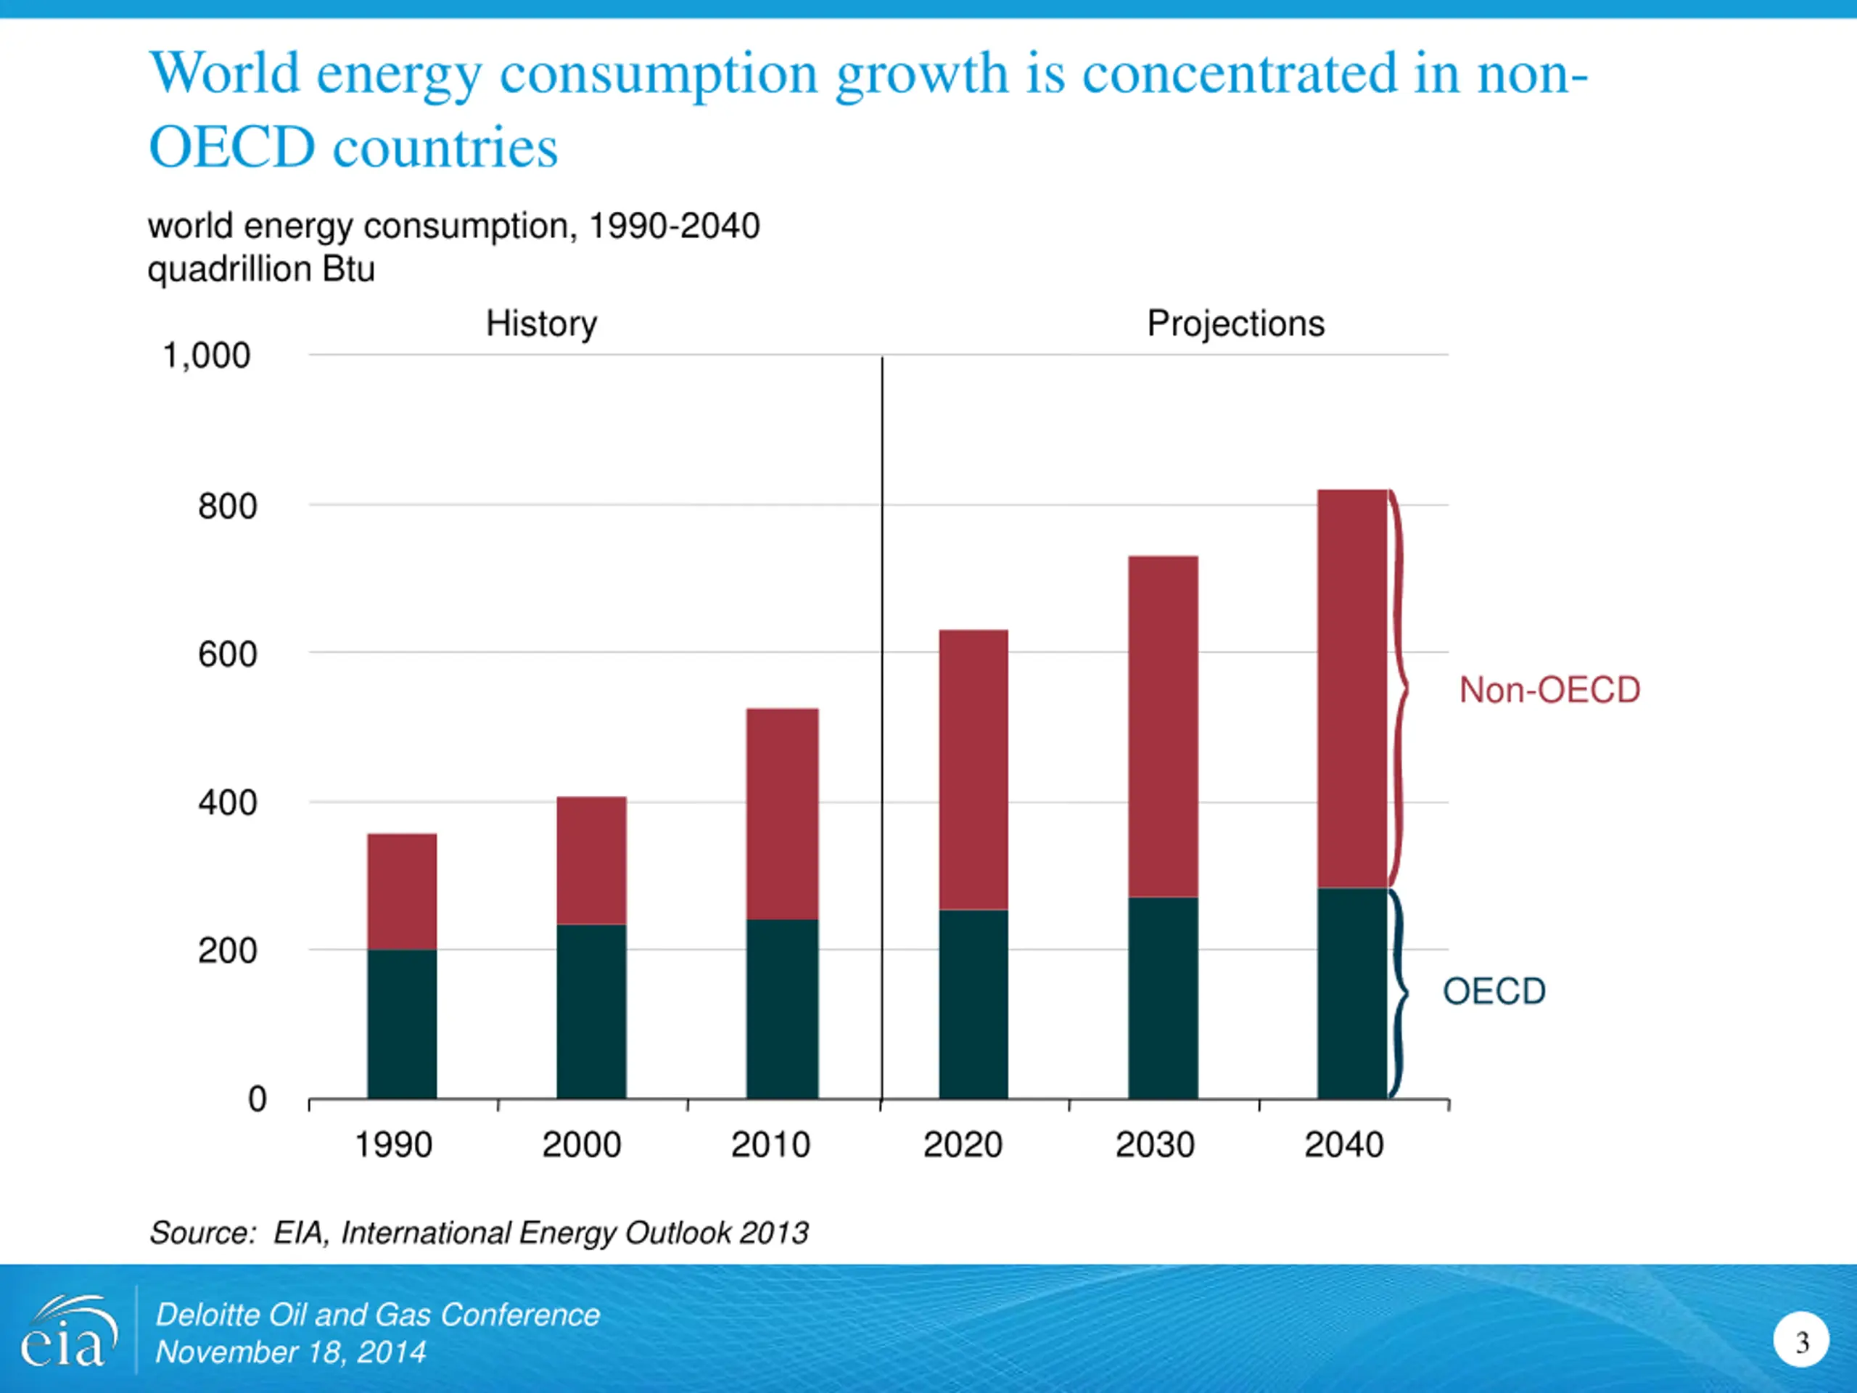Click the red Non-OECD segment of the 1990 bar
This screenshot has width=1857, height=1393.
tap(402, 891)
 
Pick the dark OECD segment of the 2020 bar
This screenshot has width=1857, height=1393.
tap(973, 1003)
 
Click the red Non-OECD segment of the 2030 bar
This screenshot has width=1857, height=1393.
tap(1163, 726)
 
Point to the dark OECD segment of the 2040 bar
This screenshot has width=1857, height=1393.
tap(1351, 993)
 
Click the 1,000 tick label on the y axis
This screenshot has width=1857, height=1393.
tap(207, 356)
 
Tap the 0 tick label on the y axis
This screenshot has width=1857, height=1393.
tap(257, 1099)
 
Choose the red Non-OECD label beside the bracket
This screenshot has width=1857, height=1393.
tap(1549, 690)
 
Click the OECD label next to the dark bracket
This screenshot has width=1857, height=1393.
tap(1494, 992)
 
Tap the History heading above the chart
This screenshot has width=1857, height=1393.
tap(541, 324)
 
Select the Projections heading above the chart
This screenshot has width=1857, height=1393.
tap(1236, 324)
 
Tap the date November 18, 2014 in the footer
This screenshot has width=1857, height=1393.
tap(290, 1352)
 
